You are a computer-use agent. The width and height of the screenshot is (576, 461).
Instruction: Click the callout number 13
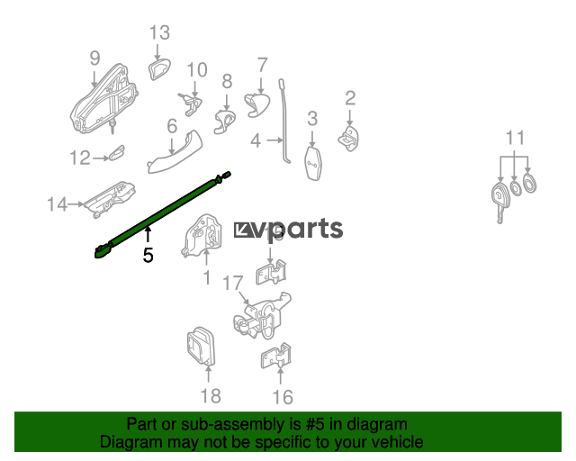coord(160,32)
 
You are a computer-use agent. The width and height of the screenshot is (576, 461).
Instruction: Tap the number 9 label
coord(94,59)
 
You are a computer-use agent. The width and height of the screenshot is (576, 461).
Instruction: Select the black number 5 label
coord(148,255)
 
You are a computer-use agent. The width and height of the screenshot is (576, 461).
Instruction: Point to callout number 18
coord(211,396)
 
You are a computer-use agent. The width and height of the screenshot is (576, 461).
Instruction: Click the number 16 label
coord(283,397)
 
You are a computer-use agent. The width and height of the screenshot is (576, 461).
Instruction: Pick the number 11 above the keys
coord(515,138)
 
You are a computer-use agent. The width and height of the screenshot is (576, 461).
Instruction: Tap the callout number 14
coord(58,204)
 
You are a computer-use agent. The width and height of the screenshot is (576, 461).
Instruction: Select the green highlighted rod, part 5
coord(162,215)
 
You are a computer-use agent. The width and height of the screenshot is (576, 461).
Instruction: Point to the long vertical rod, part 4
coord(284,122)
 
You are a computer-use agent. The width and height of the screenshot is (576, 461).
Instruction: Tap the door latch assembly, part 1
coord(202,234)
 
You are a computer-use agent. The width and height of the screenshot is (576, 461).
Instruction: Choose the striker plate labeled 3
coord(313,164)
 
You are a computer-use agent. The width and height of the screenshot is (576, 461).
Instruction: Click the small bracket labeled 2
coord(348,139)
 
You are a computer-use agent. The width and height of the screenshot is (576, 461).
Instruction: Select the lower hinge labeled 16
coord(276,356)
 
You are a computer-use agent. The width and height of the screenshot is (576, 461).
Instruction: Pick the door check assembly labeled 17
coord(262,316)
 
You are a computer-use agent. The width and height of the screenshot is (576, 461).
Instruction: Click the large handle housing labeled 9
coord(104,99)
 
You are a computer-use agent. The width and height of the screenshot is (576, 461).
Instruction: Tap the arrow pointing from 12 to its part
coord(101,158)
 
